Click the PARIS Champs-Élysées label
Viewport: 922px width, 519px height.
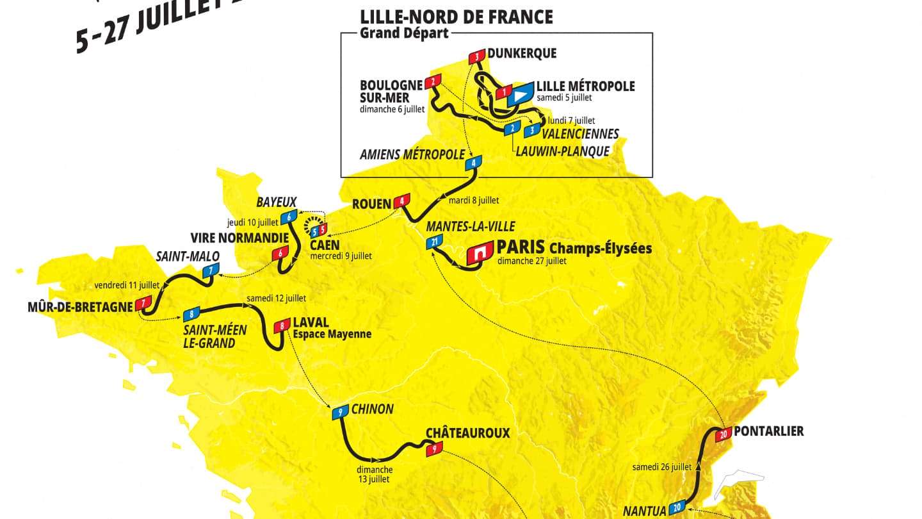tap(574, 247)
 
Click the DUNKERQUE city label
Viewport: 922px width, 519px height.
tap(521, 54)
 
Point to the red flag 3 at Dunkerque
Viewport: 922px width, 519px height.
tap(477, 57)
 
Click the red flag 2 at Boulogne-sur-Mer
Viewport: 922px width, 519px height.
tap(433, 81)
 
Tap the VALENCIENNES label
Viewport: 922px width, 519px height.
tap(580, 134)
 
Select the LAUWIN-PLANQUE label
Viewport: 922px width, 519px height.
tap(562, 151)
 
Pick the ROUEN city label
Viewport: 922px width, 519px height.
tap(371, 204)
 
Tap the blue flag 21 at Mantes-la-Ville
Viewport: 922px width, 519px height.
tap(434, 242)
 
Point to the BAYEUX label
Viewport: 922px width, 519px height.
tap(277, 202)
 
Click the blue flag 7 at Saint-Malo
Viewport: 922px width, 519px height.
tap(209, 271)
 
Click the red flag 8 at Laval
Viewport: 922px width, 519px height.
tap(282, 326)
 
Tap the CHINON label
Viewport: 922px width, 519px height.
tap(373, 409)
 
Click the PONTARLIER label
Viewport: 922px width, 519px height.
tap(768, 431)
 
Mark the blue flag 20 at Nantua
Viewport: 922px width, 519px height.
tap(678, 508)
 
